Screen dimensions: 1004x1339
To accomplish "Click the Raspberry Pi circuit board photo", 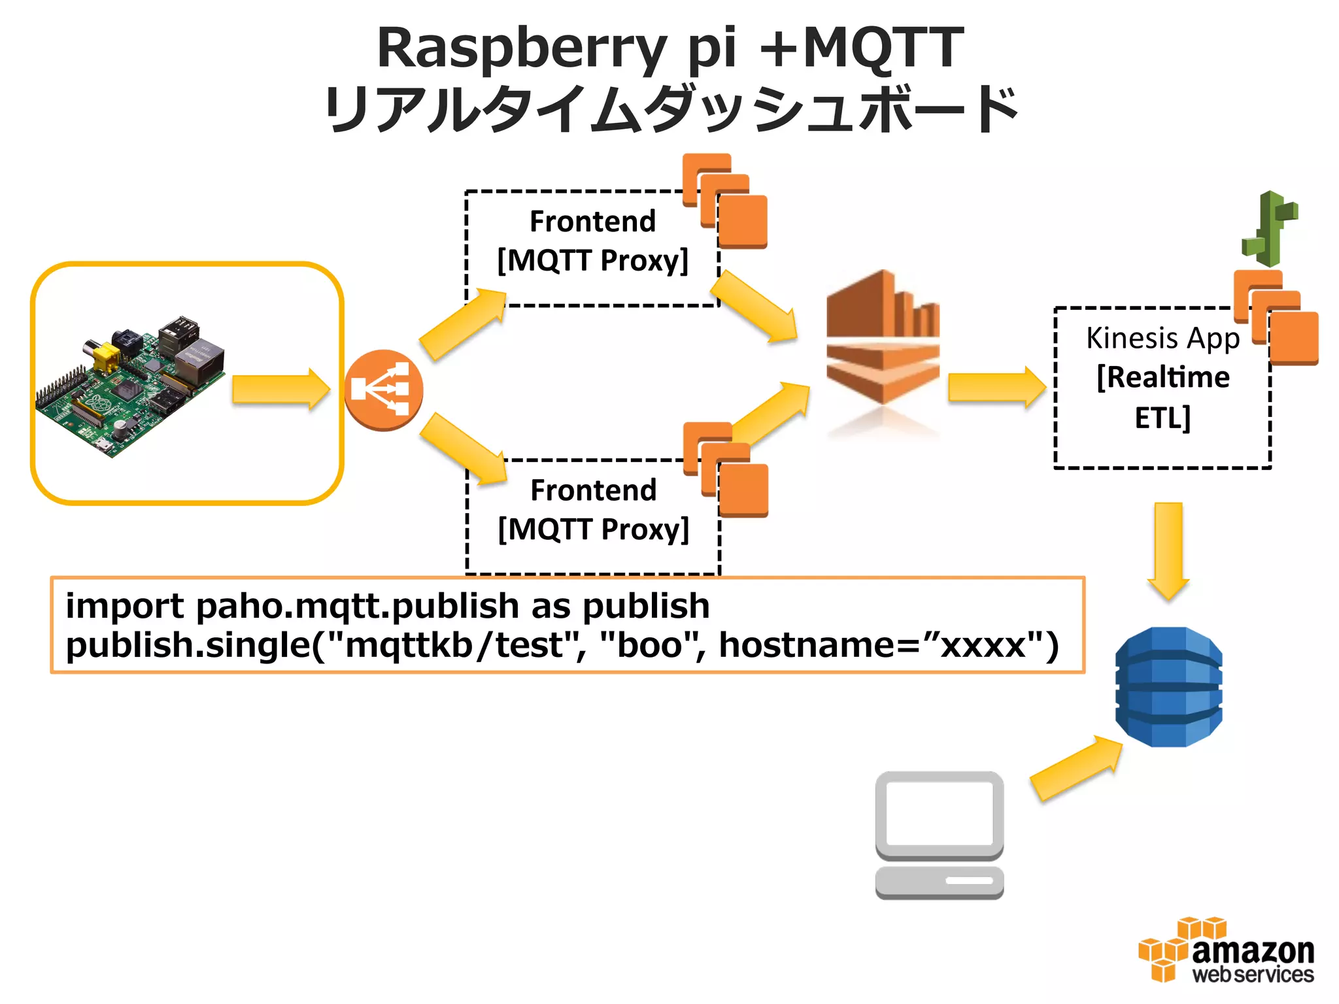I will (131, 386).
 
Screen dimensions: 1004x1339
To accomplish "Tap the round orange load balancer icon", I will (384, 390).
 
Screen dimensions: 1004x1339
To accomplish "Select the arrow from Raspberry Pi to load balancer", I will (280, 390).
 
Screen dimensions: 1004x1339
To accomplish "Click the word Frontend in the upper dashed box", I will (592, 222).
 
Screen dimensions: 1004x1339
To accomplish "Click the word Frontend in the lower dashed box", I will (593, 490).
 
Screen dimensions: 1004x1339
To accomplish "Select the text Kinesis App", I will (1162, 339).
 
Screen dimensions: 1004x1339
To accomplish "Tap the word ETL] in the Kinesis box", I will (1162, 418).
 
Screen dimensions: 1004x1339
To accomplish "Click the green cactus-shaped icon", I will (1270, 229).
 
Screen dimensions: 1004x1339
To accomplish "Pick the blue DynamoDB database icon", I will (1168, 686).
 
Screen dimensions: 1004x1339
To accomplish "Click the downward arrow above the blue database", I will (1168, 549).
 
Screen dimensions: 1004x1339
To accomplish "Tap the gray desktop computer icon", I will (940, 835).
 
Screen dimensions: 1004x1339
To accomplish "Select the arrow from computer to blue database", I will (1076, 768).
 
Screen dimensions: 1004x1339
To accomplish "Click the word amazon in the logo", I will (1253, 951).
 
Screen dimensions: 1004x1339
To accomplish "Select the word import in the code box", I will (124, 606).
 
